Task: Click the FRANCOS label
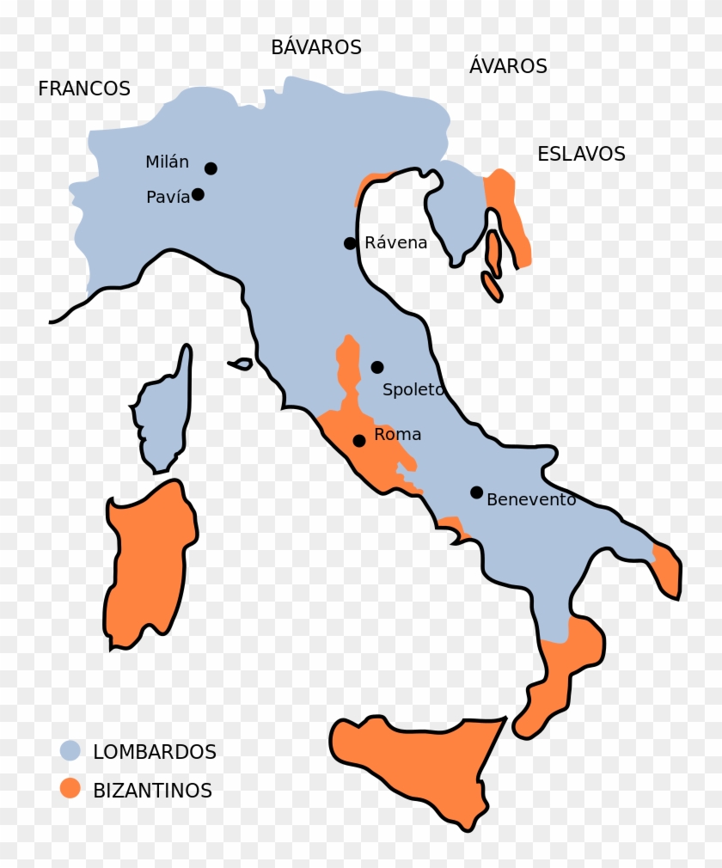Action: (84, 89)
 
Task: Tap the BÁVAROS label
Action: (316, 47)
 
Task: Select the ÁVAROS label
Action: (508, 66)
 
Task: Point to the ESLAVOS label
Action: (581, 155)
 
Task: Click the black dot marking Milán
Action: (211, 168)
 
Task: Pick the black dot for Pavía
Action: (198, 194)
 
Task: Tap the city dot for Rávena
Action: (350, 243)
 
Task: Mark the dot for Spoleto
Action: (376, 367)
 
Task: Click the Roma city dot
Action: (359, 441)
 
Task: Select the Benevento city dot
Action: (476, 492)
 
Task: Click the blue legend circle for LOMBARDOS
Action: (70, 750)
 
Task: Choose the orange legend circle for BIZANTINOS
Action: (70, 789)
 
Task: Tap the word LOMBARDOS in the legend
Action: (155, 752)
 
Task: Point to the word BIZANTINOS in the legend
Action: (152, 791)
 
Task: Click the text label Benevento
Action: (531, 499)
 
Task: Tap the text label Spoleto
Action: (413, 389)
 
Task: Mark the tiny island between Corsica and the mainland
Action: (242, 364)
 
